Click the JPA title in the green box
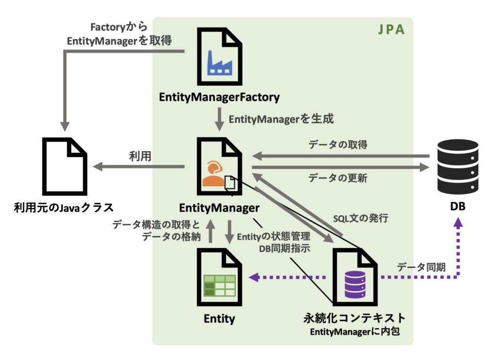[391, 30]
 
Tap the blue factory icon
[220, 63]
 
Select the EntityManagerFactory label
[219, 97]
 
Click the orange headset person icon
[213, 175]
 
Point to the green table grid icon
[220, 285]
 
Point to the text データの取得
[338, 145]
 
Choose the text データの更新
[338, 178]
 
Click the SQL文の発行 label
[360, 219]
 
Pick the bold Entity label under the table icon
[219, 319]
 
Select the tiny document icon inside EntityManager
[230, 183]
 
